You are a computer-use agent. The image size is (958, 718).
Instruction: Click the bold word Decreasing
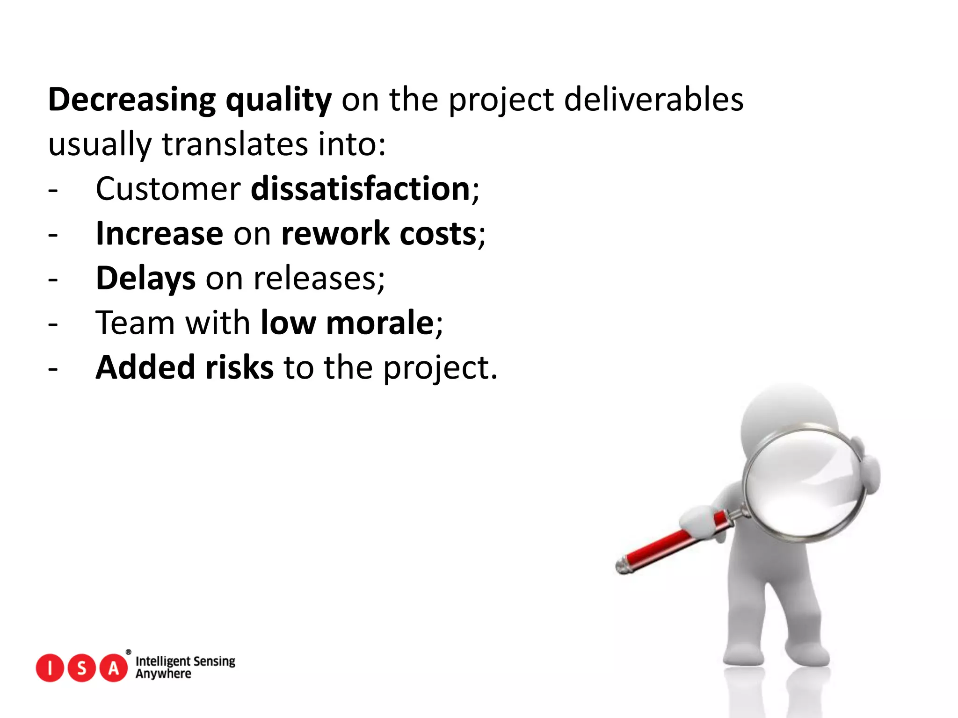(x=131, y=100)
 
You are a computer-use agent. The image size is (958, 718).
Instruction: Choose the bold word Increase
(x=159, y=233)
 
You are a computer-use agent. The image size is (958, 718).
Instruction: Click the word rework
(x=335, y=233)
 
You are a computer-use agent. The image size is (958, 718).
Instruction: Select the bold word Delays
(x=145, y=278)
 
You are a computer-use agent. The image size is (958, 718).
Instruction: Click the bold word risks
(x=239, y=367)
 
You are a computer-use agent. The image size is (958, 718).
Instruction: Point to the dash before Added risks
(x=53, y=368)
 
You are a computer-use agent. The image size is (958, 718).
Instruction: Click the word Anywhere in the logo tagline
(x=163, y=674)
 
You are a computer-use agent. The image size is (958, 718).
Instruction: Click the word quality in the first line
(x=278, y=100)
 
